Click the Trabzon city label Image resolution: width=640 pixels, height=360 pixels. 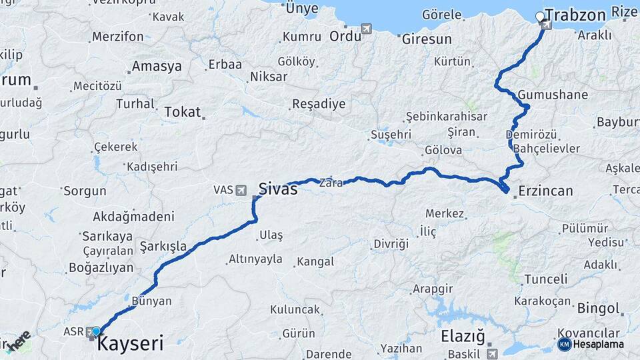point(575,15)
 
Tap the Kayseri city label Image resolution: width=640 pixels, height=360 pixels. point(130,344)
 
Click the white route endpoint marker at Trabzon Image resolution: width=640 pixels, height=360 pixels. point(540,16)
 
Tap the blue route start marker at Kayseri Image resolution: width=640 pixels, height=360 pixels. point(96,331)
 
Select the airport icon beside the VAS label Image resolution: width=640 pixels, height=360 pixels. point(241,190)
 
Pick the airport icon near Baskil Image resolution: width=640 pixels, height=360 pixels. point(491,353)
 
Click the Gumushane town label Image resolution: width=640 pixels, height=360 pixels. point(553,95)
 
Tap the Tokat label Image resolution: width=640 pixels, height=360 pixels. point(182,112)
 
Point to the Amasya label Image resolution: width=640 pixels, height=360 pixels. point(157,67)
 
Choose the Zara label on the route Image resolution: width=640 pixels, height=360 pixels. point(331,182)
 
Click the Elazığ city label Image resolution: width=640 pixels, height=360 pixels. point(463,336)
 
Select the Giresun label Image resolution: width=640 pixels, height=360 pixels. point(427,39)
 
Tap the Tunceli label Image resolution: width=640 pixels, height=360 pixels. point(545,279)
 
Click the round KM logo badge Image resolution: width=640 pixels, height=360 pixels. point(564,344)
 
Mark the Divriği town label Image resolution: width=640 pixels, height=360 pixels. point(391,243)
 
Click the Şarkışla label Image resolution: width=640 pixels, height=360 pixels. point(163,247)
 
